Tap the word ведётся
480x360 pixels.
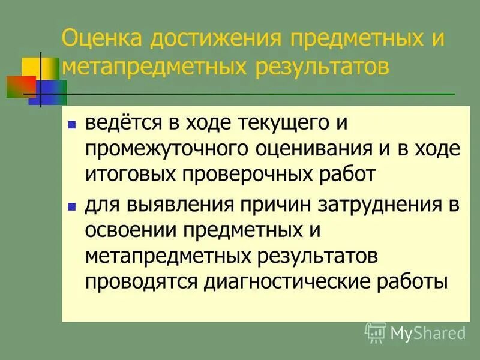click(x=122, y=124)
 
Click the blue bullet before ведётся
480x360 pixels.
click(x=71, y=125)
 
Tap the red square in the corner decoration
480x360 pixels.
click(x=16, y=86)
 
